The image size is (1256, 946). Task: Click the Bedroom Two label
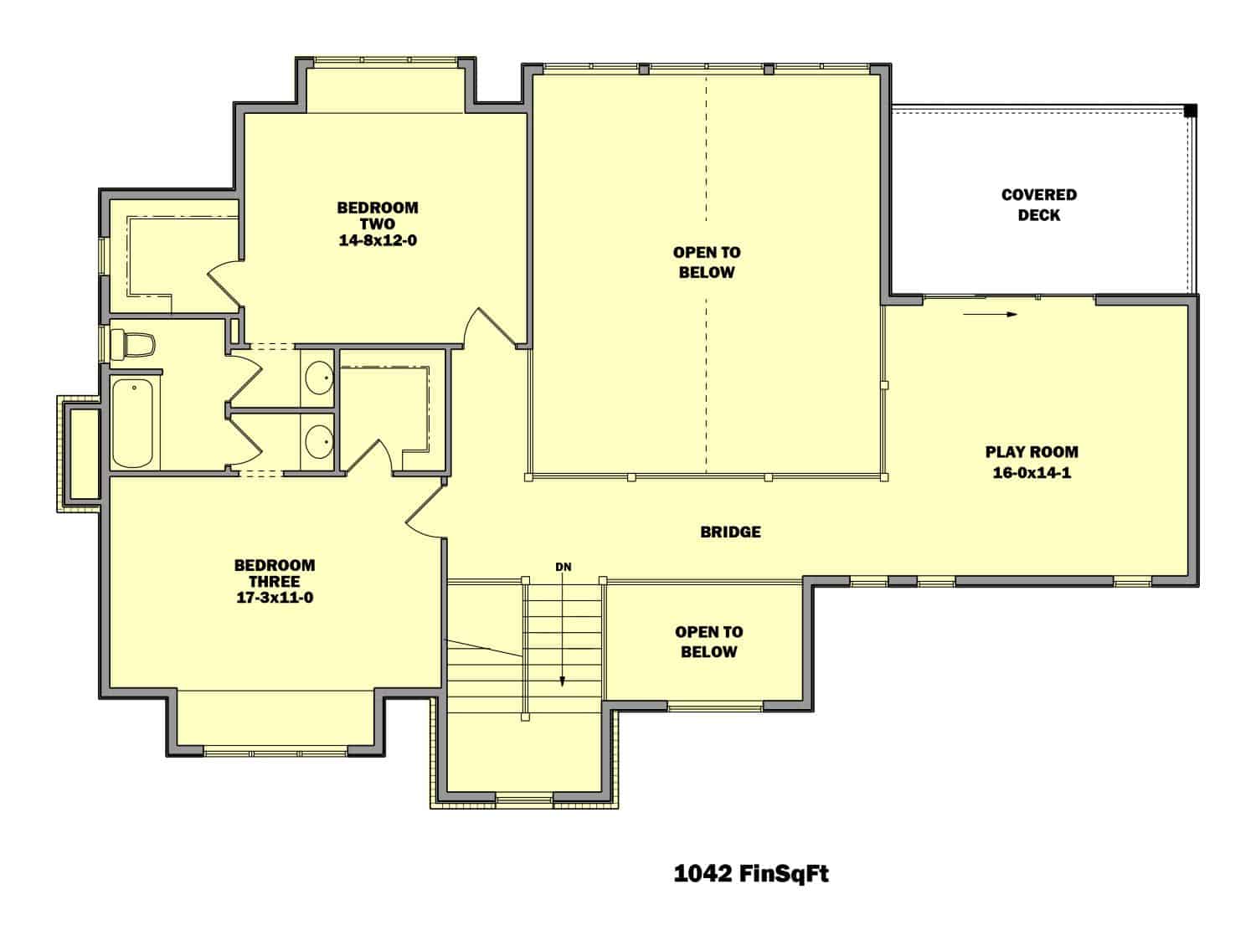tap(377, 215)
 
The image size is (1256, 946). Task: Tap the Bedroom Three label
tap(274, 573)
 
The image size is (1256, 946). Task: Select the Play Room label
tap(1031, 452)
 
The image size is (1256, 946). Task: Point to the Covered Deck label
tap(1038, 204)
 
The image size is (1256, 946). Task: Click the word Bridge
tap(730, 532)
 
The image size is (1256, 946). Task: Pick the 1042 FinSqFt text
tap(751, 874)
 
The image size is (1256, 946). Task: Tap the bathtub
tap(133, 424)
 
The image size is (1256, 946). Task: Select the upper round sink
tap(318, 377)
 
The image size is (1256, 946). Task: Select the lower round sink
tap(318, 441)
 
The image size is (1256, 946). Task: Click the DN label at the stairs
tap(563, 567)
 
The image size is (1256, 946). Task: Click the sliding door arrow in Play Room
tap(990, 315)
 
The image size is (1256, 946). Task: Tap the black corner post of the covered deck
tap(1190, 111)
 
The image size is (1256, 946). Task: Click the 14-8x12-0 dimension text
tap(377, 240)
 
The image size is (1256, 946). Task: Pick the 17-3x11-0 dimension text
tap(274, 598)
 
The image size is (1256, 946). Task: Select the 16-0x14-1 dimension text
tap(1031, 473)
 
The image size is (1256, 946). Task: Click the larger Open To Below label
tap(706, 262)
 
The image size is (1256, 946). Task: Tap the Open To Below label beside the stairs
tap(708, 642)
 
